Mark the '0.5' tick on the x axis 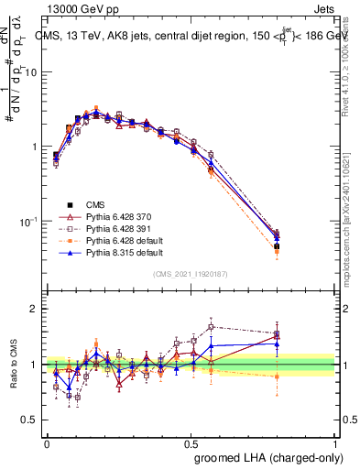pos(191,442)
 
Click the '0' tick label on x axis pos(47,442)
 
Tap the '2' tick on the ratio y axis pos(35,310)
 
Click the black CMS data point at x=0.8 pos(277,246)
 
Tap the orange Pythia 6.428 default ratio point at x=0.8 pos(277,376)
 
